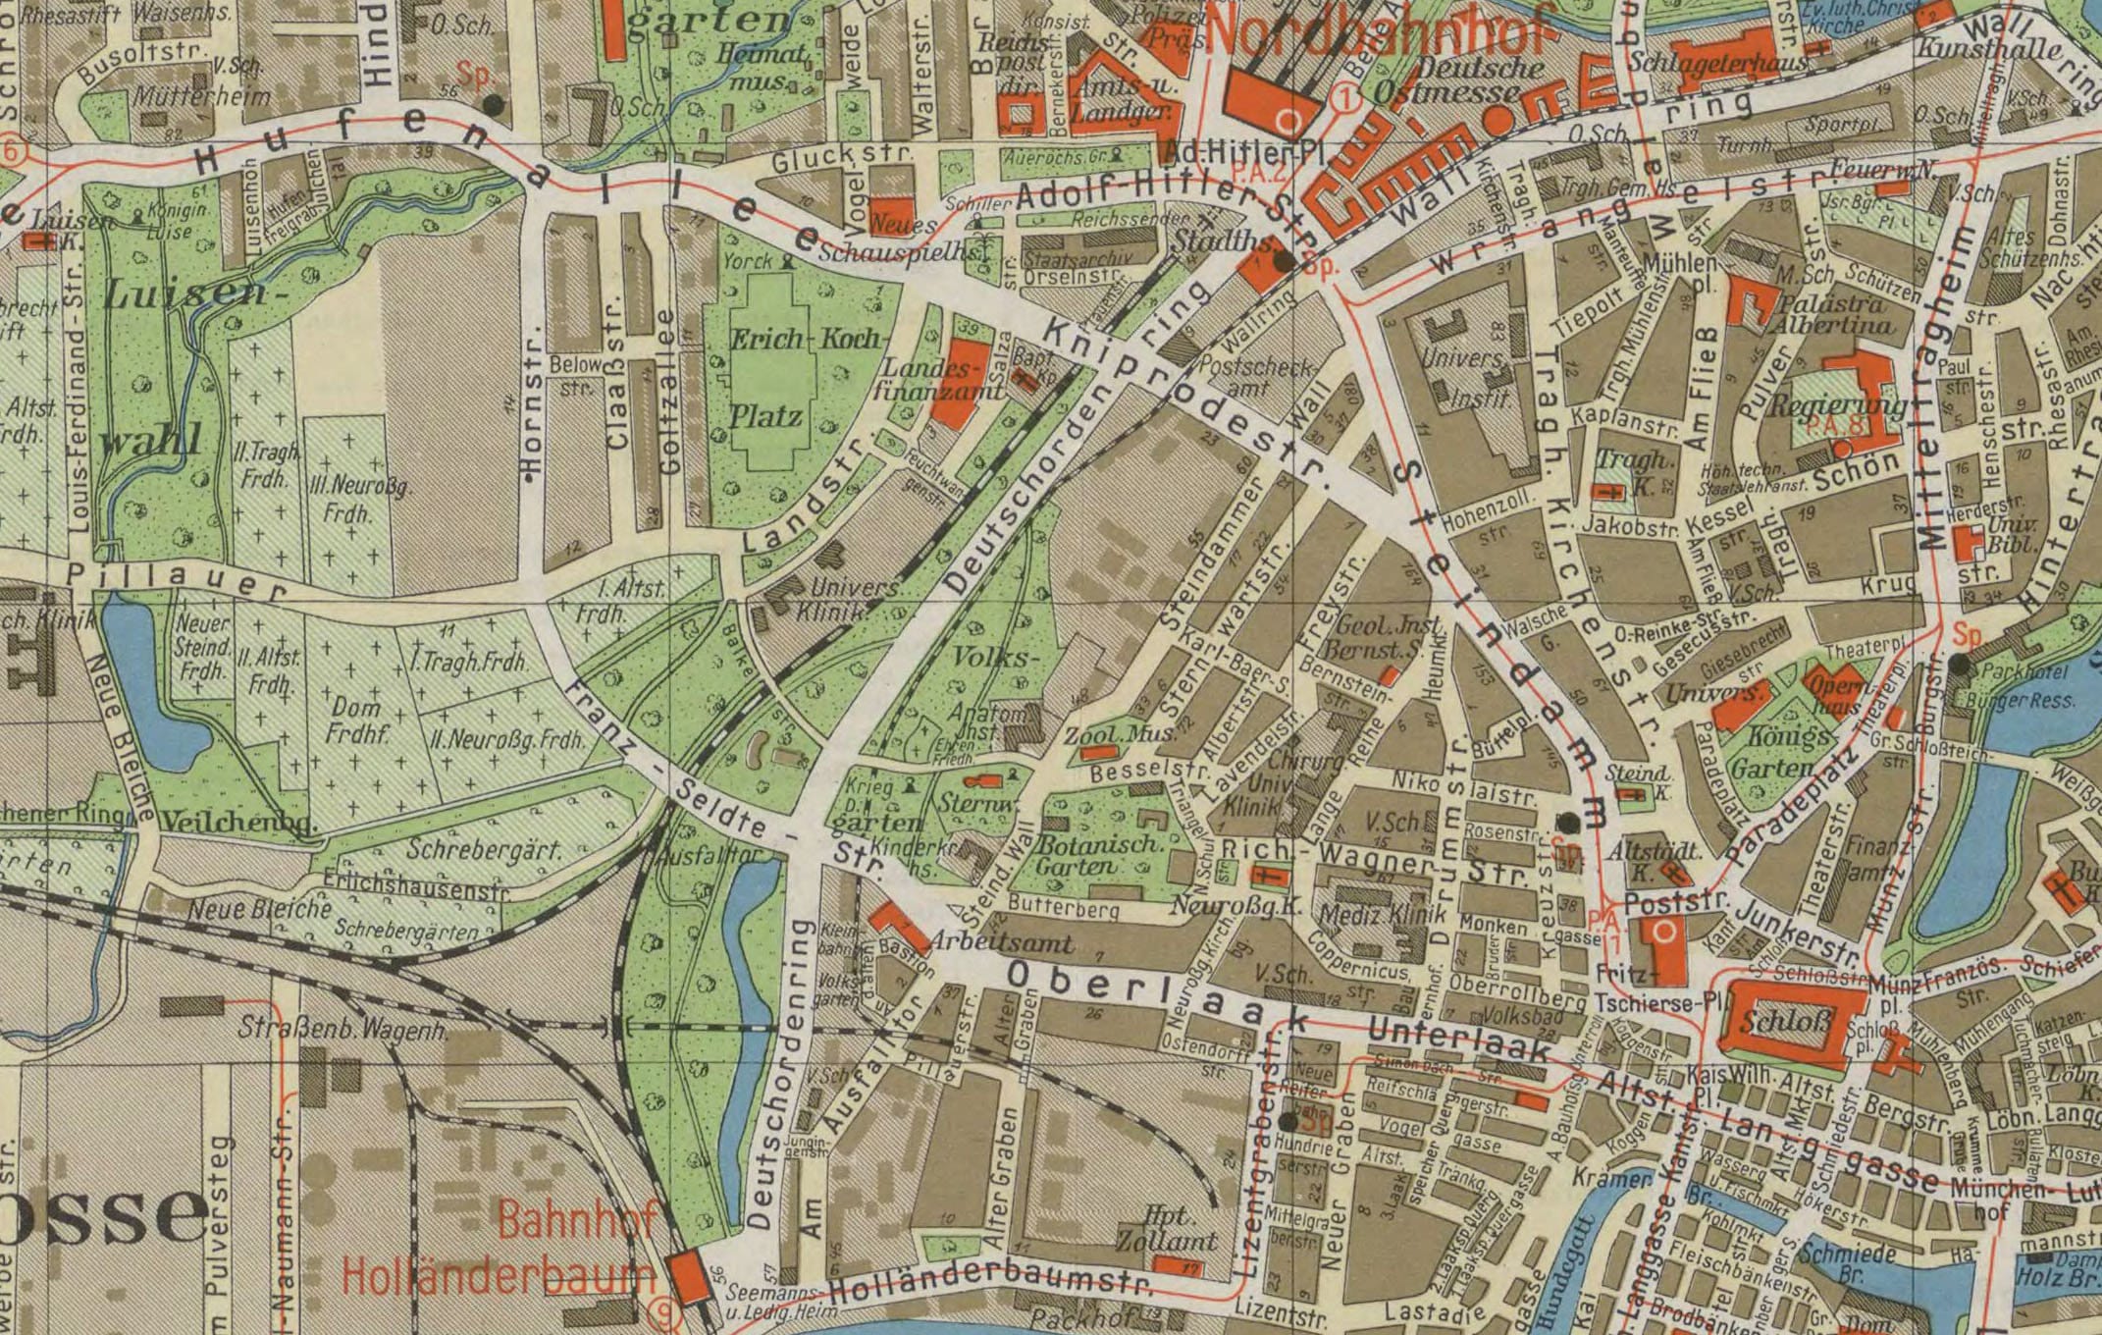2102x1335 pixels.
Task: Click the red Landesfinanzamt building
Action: click(x=958, y=383)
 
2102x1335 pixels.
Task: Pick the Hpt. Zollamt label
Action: click(x=1168, y=1227)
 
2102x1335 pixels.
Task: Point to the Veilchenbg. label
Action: click(x=240, y=822)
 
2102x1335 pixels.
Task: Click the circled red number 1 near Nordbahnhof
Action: click(x=1346, y=96)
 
